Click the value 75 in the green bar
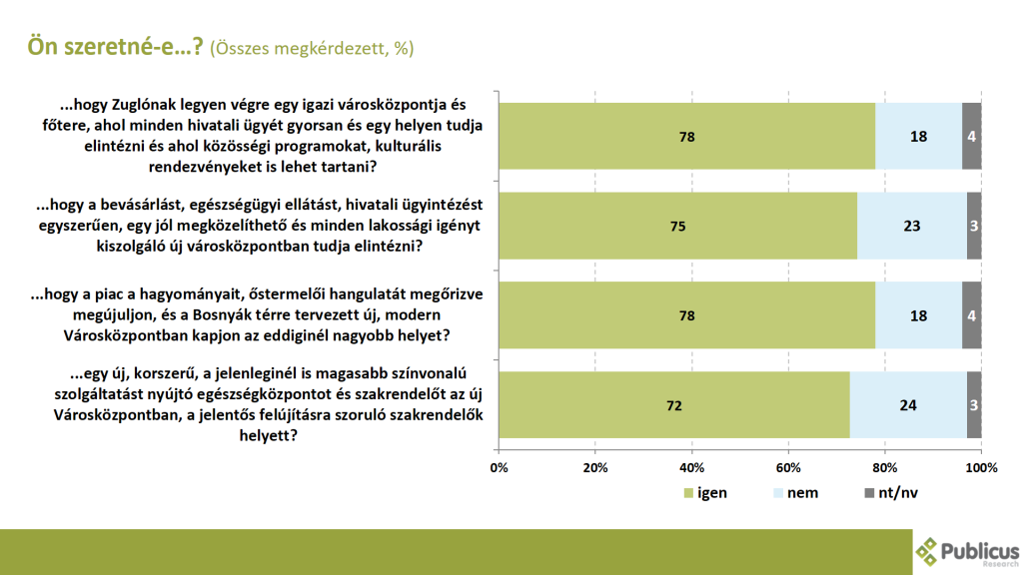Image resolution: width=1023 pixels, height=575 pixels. [x=677, y=226]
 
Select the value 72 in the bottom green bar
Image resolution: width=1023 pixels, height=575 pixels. [x=672, y=405]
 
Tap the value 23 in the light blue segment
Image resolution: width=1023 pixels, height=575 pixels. [x=911, y=226]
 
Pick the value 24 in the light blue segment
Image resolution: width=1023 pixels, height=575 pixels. [x=908, y=405]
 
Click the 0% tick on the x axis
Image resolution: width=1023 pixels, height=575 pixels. [x=499, y=467]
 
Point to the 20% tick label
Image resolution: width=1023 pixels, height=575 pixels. [x=595, y=467]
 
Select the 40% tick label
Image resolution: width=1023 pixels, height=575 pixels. [x=691, y=467]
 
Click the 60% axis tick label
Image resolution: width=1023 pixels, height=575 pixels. [x=788, y=467]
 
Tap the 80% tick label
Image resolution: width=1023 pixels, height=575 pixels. [x=884, y=467]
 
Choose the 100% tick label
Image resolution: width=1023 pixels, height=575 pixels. [x=981, y=467]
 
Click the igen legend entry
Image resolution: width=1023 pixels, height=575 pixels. [x=711, y=493]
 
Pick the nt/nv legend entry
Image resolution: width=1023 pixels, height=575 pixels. [x=895, y=493]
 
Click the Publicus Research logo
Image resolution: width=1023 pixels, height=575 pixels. [x=967, y=551]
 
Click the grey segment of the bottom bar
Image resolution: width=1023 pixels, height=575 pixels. [x=974, y=405]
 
